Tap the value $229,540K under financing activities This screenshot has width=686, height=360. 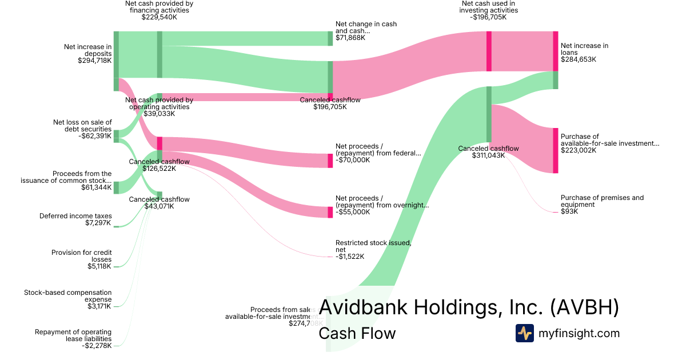[159, 17]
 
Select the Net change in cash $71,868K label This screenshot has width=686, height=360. [366, 31]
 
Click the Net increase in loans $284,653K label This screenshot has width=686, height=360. [585, 52]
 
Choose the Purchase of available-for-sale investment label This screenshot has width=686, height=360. [609, 143]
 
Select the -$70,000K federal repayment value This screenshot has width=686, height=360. [353, 160]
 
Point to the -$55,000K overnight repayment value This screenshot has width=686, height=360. [353, 212]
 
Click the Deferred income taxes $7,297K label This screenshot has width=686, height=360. [75, 219]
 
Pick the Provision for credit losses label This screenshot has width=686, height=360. [82, 259]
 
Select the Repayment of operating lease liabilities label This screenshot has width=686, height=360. [73, 338]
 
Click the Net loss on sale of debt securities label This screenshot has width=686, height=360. [82, 129]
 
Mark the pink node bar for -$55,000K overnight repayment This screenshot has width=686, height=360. [330, 212]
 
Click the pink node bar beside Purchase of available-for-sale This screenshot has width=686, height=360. [555, 150]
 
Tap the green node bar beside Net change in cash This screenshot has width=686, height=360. [330, 38]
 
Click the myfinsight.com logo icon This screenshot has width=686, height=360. [524, 333]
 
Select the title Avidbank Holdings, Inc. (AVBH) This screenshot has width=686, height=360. [469, 307]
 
